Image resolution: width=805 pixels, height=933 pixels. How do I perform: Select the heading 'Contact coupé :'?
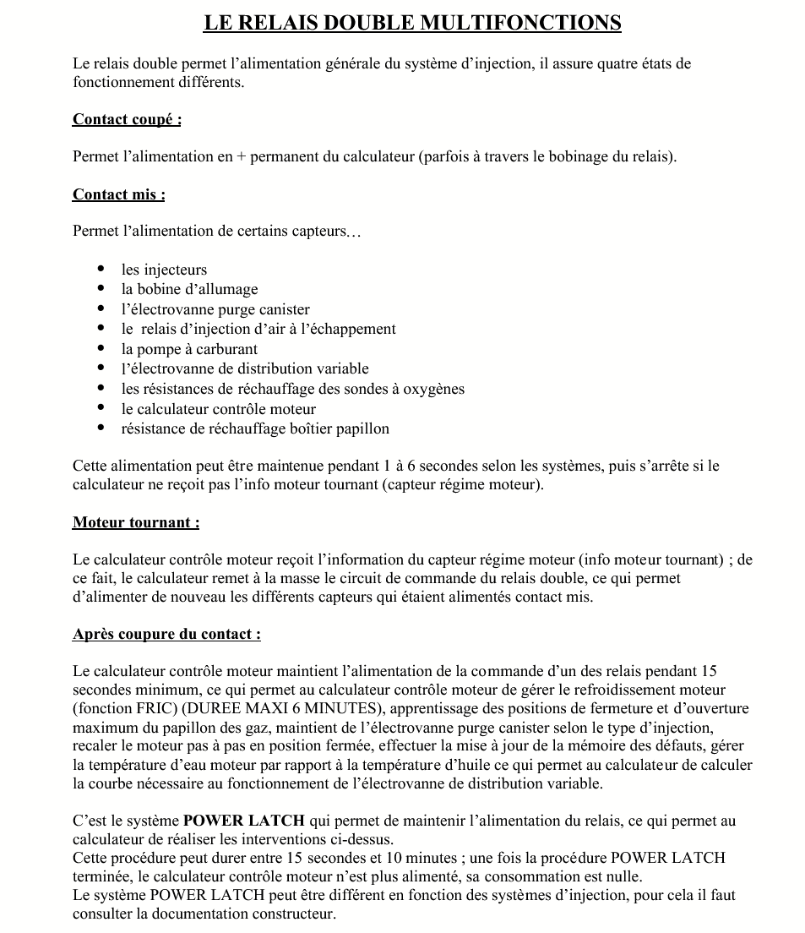(x=127, y=119)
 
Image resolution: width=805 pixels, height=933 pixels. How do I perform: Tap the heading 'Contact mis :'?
(x=118, y=194)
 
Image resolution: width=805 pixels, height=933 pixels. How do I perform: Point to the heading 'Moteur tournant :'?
(x=136, y=522)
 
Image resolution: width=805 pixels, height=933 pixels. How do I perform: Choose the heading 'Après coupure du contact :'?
(x=166, y=634)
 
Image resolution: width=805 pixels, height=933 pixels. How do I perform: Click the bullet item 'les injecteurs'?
(x=164, y=270)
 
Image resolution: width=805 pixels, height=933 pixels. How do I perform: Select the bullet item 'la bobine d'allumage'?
(x=189, y=289)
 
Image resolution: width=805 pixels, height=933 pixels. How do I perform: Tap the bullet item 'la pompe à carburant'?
(x=189, y=349)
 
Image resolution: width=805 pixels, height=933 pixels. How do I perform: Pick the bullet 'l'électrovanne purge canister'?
(x=215, y=309)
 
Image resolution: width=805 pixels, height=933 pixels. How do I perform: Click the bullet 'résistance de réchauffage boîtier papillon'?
(x=255, y=428)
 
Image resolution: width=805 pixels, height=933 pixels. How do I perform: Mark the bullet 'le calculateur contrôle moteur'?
(x=219, y=409)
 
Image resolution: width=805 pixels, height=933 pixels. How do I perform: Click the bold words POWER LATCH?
(x=245, y=821)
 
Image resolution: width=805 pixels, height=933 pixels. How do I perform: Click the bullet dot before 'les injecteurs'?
(x=101, y=270)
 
